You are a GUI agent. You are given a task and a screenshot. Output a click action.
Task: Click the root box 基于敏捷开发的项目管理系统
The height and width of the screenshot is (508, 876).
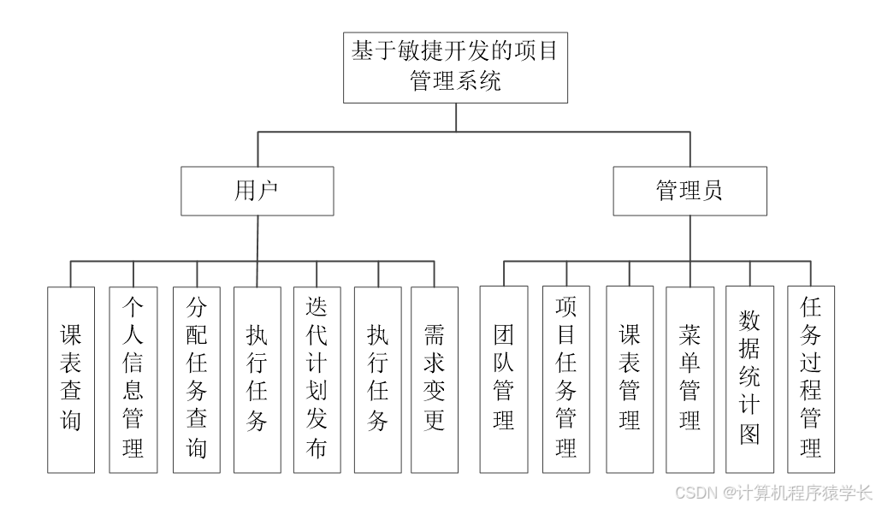455,68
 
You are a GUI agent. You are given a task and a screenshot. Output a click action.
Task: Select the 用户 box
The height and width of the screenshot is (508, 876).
257,191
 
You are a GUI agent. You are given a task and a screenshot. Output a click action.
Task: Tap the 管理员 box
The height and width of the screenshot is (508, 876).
690,191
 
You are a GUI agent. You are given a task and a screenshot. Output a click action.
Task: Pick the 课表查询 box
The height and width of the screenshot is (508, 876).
71,379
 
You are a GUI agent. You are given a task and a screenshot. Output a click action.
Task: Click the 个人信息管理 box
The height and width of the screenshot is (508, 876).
133,379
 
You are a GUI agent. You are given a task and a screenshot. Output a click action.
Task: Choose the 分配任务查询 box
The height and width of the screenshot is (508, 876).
197,379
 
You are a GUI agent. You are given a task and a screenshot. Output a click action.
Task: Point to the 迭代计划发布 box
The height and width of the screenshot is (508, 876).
317,379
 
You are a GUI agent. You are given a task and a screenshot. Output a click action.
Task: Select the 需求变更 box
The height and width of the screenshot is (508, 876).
435,379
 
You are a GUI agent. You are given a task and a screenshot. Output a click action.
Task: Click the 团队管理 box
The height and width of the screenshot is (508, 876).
504,379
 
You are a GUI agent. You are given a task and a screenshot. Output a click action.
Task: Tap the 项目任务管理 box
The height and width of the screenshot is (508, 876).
565,379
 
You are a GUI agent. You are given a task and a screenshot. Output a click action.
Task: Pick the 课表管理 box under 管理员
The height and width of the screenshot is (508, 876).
630,379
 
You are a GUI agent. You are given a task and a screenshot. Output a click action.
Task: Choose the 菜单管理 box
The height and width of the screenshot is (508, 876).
690,379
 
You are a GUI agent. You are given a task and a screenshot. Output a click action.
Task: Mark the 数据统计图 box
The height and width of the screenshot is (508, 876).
749,379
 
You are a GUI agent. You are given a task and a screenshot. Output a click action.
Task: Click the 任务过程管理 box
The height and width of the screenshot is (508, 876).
811,379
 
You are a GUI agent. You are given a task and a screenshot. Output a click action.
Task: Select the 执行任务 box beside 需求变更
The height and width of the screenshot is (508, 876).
377,379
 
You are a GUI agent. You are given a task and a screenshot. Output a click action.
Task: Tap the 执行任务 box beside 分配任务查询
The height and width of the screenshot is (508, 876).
257,379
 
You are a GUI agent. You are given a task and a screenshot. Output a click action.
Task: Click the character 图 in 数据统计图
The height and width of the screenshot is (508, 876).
749,434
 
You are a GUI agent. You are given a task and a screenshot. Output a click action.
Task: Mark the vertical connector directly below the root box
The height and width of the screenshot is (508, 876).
455,117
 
